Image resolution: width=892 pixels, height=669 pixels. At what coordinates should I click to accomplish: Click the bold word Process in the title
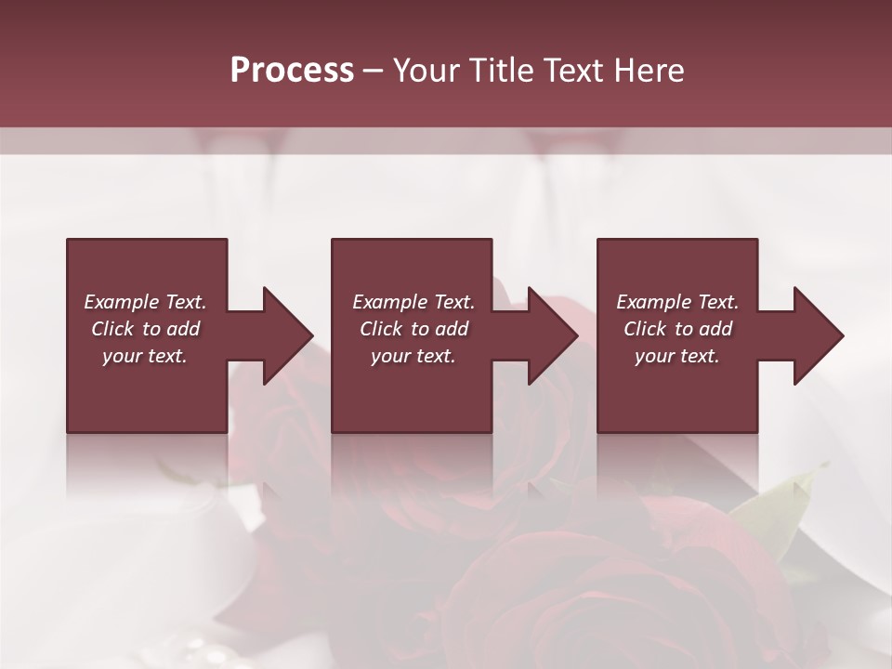coord(292,71)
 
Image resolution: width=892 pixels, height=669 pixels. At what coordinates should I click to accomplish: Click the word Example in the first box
coord(122,302)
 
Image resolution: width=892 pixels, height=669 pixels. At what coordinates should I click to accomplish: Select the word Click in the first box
coord(113,329)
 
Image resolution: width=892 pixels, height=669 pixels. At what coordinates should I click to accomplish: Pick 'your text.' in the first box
coord(145,356)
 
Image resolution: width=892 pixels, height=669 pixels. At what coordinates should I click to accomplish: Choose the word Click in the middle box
coord(382,329)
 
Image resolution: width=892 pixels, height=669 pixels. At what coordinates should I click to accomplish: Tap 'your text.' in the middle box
coord(413,356)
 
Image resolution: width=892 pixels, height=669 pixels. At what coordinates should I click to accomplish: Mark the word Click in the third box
coord(646,329)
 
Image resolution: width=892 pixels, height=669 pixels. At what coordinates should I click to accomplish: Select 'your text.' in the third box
coord(677,356)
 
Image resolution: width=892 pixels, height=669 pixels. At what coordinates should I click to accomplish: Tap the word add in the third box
coord(715,329)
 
